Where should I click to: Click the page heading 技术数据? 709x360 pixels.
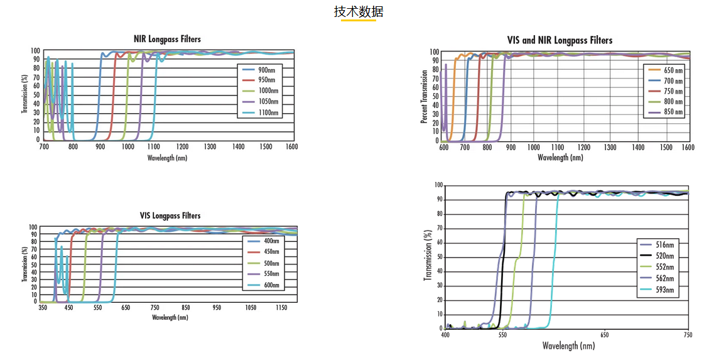[x=359, y=12]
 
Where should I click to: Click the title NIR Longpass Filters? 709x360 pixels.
[x=168, y=39]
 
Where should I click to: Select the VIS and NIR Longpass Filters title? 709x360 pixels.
[x=560, y=40]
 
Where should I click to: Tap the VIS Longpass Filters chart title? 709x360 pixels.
[x=170, y=215]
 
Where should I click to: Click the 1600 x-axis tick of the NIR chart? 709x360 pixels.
[x=291, y=146]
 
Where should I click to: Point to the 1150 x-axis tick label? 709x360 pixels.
[x=281, y=308]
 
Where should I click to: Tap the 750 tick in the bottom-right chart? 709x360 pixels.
[x=688, y=335]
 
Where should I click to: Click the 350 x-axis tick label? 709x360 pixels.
[x=43, y=308]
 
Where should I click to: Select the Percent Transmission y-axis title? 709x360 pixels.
[x=425, y=96]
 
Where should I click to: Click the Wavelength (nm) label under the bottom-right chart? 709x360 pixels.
[x=568, y=346]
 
